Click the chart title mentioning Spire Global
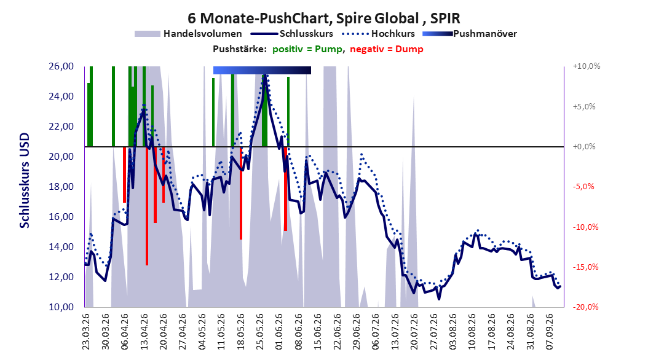click(x=323, y=18)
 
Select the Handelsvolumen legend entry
click(x=188, y=34)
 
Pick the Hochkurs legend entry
click(x=379, y=34)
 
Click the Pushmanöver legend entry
click(x=470, y=34)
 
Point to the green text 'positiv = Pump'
click(x=307, y=49)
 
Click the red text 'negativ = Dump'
click(x=387, y=49)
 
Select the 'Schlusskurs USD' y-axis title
click(x=25, y=181)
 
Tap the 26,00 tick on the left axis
click(x=61, y=66)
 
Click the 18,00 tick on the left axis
click(x=61, y=187)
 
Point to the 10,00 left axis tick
click(x=61, y=307)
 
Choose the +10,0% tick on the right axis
click(x=587, y=66)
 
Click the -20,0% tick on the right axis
click(x=585, y=307)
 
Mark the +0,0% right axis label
click(x=584, y=147)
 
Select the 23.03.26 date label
click(x=85, y=332)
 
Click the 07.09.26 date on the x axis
click(x=550, y=332)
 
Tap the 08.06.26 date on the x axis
click(x=298, y=332)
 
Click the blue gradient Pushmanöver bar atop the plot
click(x=262, y=70)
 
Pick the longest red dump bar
click(x=147, y=206)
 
